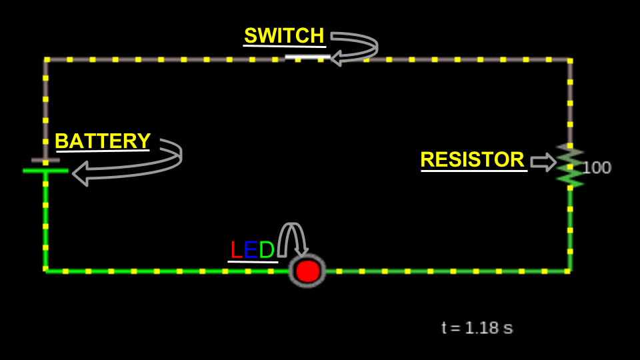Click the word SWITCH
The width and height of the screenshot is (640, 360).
point(284,35)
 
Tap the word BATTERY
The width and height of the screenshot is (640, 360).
point(103,141)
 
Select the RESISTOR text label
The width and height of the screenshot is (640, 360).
point(472,159)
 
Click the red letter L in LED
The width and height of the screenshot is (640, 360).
point(235,250)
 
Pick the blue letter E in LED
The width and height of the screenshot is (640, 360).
point(250,250)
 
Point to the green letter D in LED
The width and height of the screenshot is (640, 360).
point(267,250)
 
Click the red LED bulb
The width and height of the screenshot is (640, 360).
point(307,271)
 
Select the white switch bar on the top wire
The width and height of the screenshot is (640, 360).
point(307,57)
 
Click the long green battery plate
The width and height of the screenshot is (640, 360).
point(45,171)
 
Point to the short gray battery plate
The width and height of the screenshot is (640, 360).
point(45,160)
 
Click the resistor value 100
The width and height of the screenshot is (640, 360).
point(596,168)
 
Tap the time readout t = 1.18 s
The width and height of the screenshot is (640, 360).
point(477,328)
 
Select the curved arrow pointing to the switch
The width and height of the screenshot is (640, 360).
point(357,49)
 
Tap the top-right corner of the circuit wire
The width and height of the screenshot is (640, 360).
point(570,60)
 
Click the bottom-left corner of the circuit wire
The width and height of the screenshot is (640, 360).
point(45,271)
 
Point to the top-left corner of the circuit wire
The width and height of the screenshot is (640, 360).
point(45,60)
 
